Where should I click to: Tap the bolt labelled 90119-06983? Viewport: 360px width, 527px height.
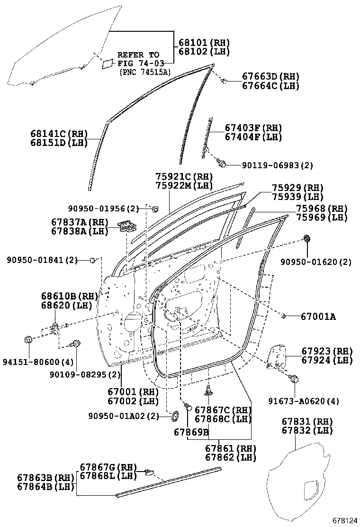(221, 164)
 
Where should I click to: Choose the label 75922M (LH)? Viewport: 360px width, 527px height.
(184, 185)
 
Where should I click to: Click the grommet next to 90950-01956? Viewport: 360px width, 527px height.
(154, 209)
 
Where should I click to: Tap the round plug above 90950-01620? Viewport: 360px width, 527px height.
(306, 238)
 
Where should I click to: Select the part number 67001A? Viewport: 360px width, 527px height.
(318, 316)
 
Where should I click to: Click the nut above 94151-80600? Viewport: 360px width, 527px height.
(27, 339)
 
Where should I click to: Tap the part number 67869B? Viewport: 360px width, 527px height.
(191, 432)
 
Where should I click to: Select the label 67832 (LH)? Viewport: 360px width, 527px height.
(307, 430)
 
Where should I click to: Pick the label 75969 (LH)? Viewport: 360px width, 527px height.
(322, 218)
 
